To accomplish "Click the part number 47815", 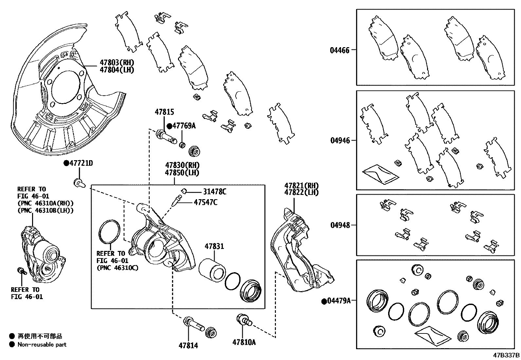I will coord(164,112).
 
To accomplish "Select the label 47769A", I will coord(184,126).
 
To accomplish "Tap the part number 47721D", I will coord(81,163).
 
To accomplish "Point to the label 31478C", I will coord(214,192).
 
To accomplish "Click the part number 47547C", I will coord(205,202).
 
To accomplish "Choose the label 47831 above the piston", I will coord(214,246).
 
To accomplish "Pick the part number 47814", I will coord(188,345).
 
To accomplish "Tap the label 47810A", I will coord(244,342).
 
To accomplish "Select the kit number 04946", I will coord(340,141).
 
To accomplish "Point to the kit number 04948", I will coord(340,225).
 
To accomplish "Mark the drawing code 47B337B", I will coord(506,355).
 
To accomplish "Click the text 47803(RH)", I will coord(117,63).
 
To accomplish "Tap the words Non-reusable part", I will coord(42,344).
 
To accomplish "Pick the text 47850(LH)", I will coord(182,173).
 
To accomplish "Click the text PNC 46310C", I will coord(117,268).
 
